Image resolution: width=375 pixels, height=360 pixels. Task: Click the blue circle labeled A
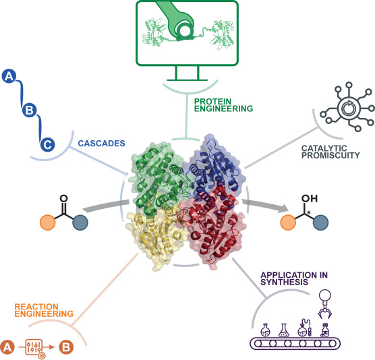point(9,78)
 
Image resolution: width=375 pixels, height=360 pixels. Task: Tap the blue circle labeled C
point(47,144)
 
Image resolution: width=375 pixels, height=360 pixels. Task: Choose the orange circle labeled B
point(66,347)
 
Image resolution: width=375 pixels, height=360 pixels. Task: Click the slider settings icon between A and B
point(37,347)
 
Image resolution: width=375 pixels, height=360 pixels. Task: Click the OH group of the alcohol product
point(311,200)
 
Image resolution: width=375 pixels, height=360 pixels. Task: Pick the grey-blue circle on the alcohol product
point(320,224)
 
